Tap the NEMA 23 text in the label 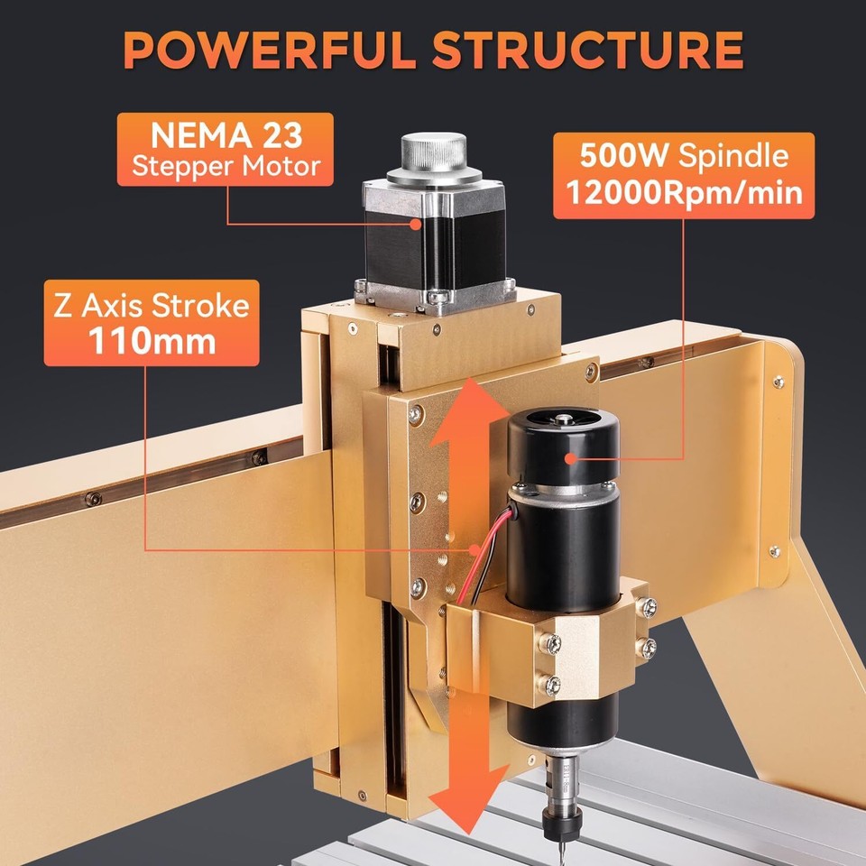225,137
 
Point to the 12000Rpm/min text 683,192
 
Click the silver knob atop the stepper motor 434,154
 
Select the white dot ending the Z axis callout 472,548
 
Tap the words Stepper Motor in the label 225,166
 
